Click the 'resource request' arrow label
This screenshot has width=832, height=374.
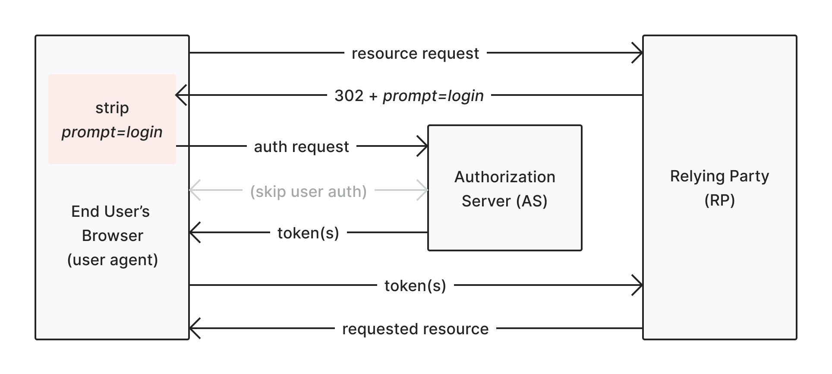pos(415,54)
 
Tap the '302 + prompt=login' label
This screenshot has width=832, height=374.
pos(409,95)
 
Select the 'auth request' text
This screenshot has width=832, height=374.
pos(301,147)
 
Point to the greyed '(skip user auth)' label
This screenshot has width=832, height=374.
pos(308,191)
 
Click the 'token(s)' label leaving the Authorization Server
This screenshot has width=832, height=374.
pos(308,233)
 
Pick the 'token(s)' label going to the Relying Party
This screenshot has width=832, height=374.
pos(415,285)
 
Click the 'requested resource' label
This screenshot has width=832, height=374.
pos(415,329)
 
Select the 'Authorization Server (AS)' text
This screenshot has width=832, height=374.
pos(504,189)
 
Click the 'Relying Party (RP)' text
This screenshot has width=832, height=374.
pos(719,188)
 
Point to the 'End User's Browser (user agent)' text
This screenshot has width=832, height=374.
pos(112,235)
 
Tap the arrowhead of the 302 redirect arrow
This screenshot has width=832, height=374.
pos(180,95)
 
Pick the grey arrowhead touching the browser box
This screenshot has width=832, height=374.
pos(194,190)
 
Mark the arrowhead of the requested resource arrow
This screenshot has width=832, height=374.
pos(194,328)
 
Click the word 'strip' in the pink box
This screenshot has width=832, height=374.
pos(112,108)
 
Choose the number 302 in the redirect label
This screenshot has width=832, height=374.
pos(349,95)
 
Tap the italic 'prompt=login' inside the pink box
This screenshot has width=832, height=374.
pos(112,132)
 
